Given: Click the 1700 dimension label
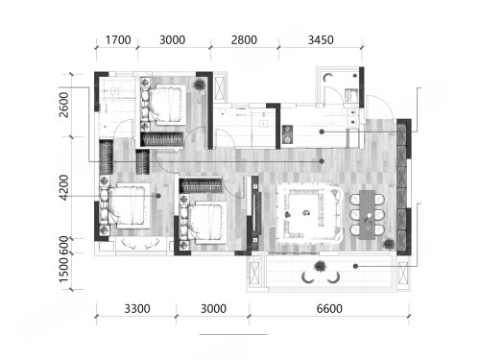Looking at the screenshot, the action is point(118,40).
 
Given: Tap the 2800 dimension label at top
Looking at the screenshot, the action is point(244,40).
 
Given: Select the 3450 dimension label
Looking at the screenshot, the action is point(321,40).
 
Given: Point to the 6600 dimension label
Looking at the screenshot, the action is point(329,309).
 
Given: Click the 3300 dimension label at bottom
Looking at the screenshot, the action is point(137,309).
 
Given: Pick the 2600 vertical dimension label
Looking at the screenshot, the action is point(63,105).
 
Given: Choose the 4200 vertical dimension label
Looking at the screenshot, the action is point(63,187).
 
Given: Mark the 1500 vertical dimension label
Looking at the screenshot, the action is point(63,270).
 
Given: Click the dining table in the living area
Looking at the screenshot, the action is point(367,215).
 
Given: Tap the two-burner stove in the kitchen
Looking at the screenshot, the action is point(287,134).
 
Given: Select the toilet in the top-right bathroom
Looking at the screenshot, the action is point(350,95).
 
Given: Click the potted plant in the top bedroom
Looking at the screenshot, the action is point(199,84).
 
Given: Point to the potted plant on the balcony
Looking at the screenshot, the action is point(320,266).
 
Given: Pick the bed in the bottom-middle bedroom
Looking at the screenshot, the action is point(204,223).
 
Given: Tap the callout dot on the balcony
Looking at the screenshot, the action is point(355,266).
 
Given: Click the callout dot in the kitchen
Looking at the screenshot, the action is point(322,132).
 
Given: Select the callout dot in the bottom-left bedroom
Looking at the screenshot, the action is point(158,196).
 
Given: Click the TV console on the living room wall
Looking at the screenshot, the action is point(255,212).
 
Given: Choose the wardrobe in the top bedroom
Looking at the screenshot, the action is point(163,139).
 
